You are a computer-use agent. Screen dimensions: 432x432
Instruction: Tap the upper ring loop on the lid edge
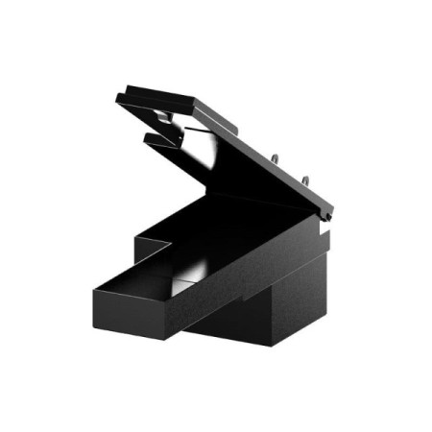(x=276, y=159)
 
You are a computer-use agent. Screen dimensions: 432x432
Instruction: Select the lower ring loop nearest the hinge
(x=306, y=180)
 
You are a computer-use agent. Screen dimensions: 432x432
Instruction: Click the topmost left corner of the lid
(x=118, y=95)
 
